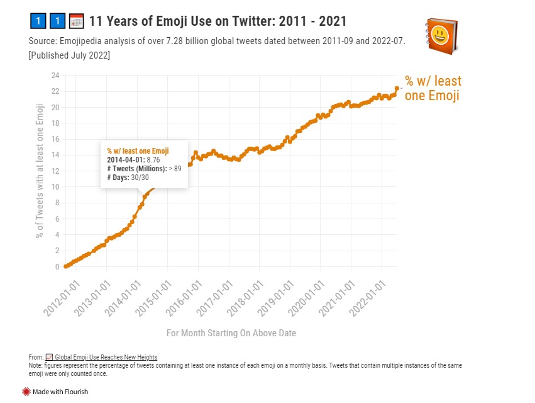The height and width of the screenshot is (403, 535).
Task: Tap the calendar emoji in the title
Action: tap(76, 21)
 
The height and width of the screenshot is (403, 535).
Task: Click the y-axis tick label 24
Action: tap(55, 76)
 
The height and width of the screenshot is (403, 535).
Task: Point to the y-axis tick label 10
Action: tap(55, 187)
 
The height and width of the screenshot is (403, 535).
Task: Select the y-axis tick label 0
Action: tap(57, 266)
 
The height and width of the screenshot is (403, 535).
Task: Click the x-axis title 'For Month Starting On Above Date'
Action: tap(231, 332)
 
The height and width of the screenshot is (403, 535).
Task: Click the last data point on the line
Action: tap(397, 88)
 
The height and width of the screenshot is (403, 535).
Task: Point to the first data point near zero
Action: tap(66, 266)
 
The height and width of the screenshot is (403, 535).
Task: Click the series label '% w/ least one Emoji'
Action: tap(433, 88)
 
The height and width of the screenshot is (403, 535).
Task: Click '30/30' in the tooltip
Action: tap(140, 178)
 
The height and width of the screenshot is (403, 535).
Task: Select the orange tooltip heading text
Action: tap(138, 151)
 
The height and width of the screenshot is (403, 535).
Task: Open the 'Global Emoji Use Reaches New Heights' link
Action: tap(106, 358)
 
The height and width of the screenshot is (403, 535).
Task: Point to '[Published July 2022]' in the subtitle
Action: tap(69, 55)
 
